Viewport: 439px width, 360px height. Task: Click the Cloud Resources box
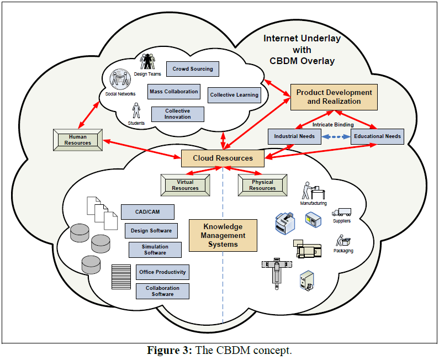(x=223, y=158)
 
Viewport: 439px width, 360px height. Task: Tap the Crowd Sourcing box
(x=193, y=69)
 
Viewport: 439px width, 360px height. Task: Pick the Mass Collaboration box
(x=173, y=92)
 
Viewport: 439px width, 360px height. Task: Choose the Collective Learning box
(x=234, y=95)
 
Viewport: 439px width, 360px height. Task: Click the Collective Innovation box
(x=177, y=114)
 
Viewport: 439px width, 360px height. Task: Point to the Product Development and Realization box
(x=334, y=97)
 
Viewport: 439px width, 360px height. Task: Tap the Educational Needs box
(x=377, y=136)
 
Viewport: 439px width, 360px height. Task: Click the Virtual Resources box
(x=185, y=185)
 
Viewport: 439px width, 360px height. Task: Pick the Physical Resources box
(x=262, y=185)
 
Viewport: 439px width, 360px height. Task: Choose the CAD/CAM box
(x=147, y=212)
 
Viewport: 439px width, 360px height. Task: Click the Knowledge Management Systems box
(x=223, y=235)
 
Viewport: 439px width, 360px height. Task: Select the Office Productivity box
(x=162, y=272)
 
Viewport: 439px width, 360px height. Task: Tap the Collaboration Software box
(x=162, y=291)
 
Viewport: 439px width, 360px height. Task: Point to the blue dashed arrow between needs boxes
(x=336, y=136)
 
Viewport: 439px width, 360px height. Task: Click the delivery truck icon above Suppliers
(x=341, y=211)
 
